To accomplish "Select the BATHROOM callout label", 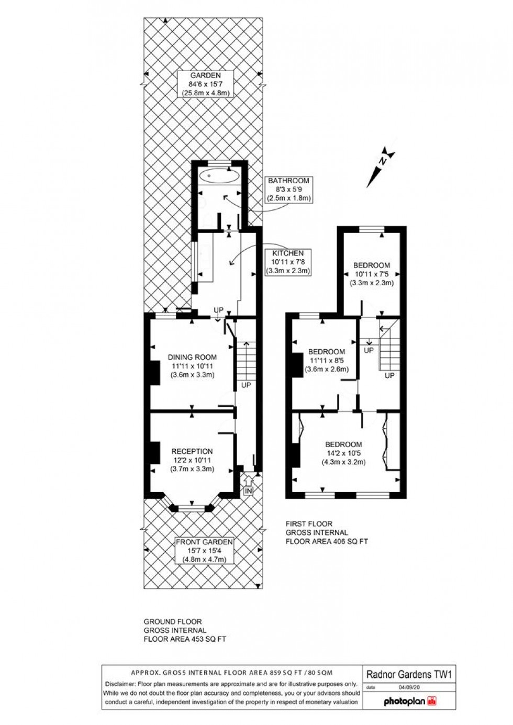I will (289, 189).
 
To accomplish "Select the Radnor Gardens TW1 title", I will (409, 674).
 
